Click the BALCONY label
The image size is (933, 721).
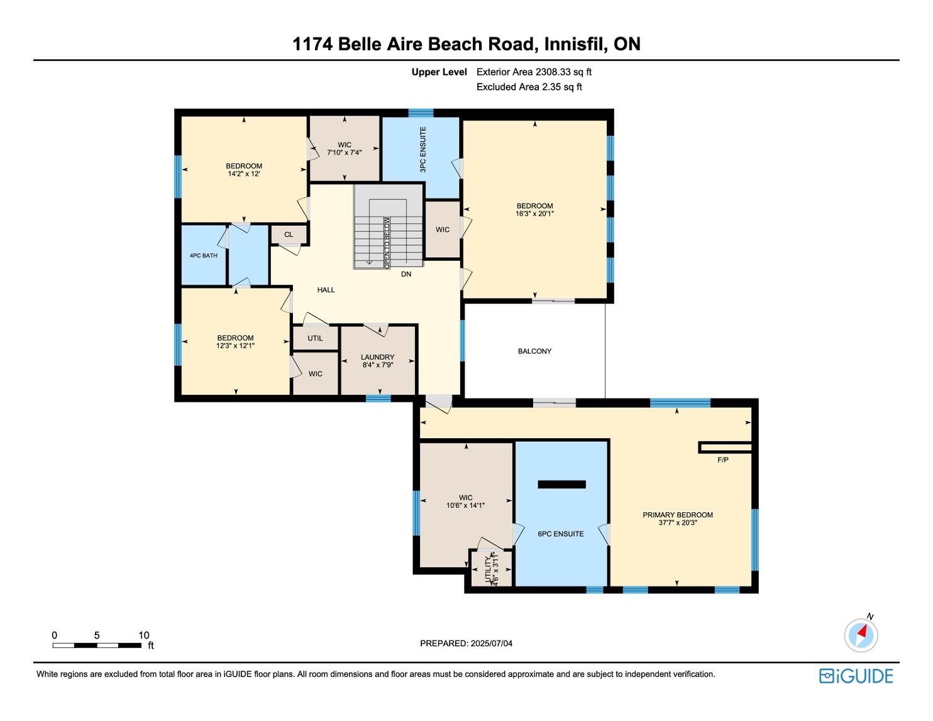[x=534, y=351]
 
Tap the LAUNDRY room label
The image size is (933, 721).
[x=377, y=357]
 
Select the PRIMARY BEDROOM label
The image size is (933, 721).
[x=678, y=515]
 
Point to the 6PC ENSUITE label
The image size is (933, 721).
[x=561, y=534]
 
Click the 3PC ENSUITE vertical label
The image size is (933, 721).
[x=423, y=150]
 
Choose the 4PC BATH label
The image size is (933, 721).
[x=204, y=256]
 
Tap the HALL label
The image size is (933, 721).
[x=326, y=290]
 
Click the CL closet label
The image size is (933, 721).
[x=289, y=234]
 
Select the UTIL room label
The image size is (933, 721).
[x=315, y=338]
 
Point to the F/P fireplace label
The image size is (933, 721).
[x=723, y=460]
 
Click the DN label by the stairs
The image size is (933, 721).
[x=406, y=274]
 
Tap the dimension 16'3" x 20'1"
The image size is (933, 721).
[x=534, y=213]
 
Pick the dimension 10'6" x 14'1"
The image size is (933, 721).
[x=465, y=505]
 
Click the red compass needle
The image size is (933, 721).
[x=862, y=631]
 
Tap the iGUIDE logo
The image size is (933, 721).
[x=856, y=676]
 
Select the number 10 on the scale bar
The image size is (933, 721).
[x=144, y=635]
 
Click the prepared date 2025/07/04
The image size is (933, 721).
[x=491, y=643]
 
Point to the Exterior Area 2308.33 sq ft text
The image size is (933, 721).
[x=534, y=72]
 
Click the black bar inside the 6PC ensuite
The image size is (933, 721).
[x=561, y=485]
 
